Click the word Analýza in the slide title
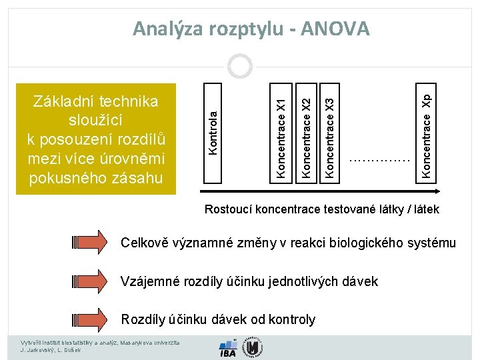point(168,29)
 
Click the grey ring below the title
point(239,66)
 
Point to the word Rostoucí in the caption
point(229,209)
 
